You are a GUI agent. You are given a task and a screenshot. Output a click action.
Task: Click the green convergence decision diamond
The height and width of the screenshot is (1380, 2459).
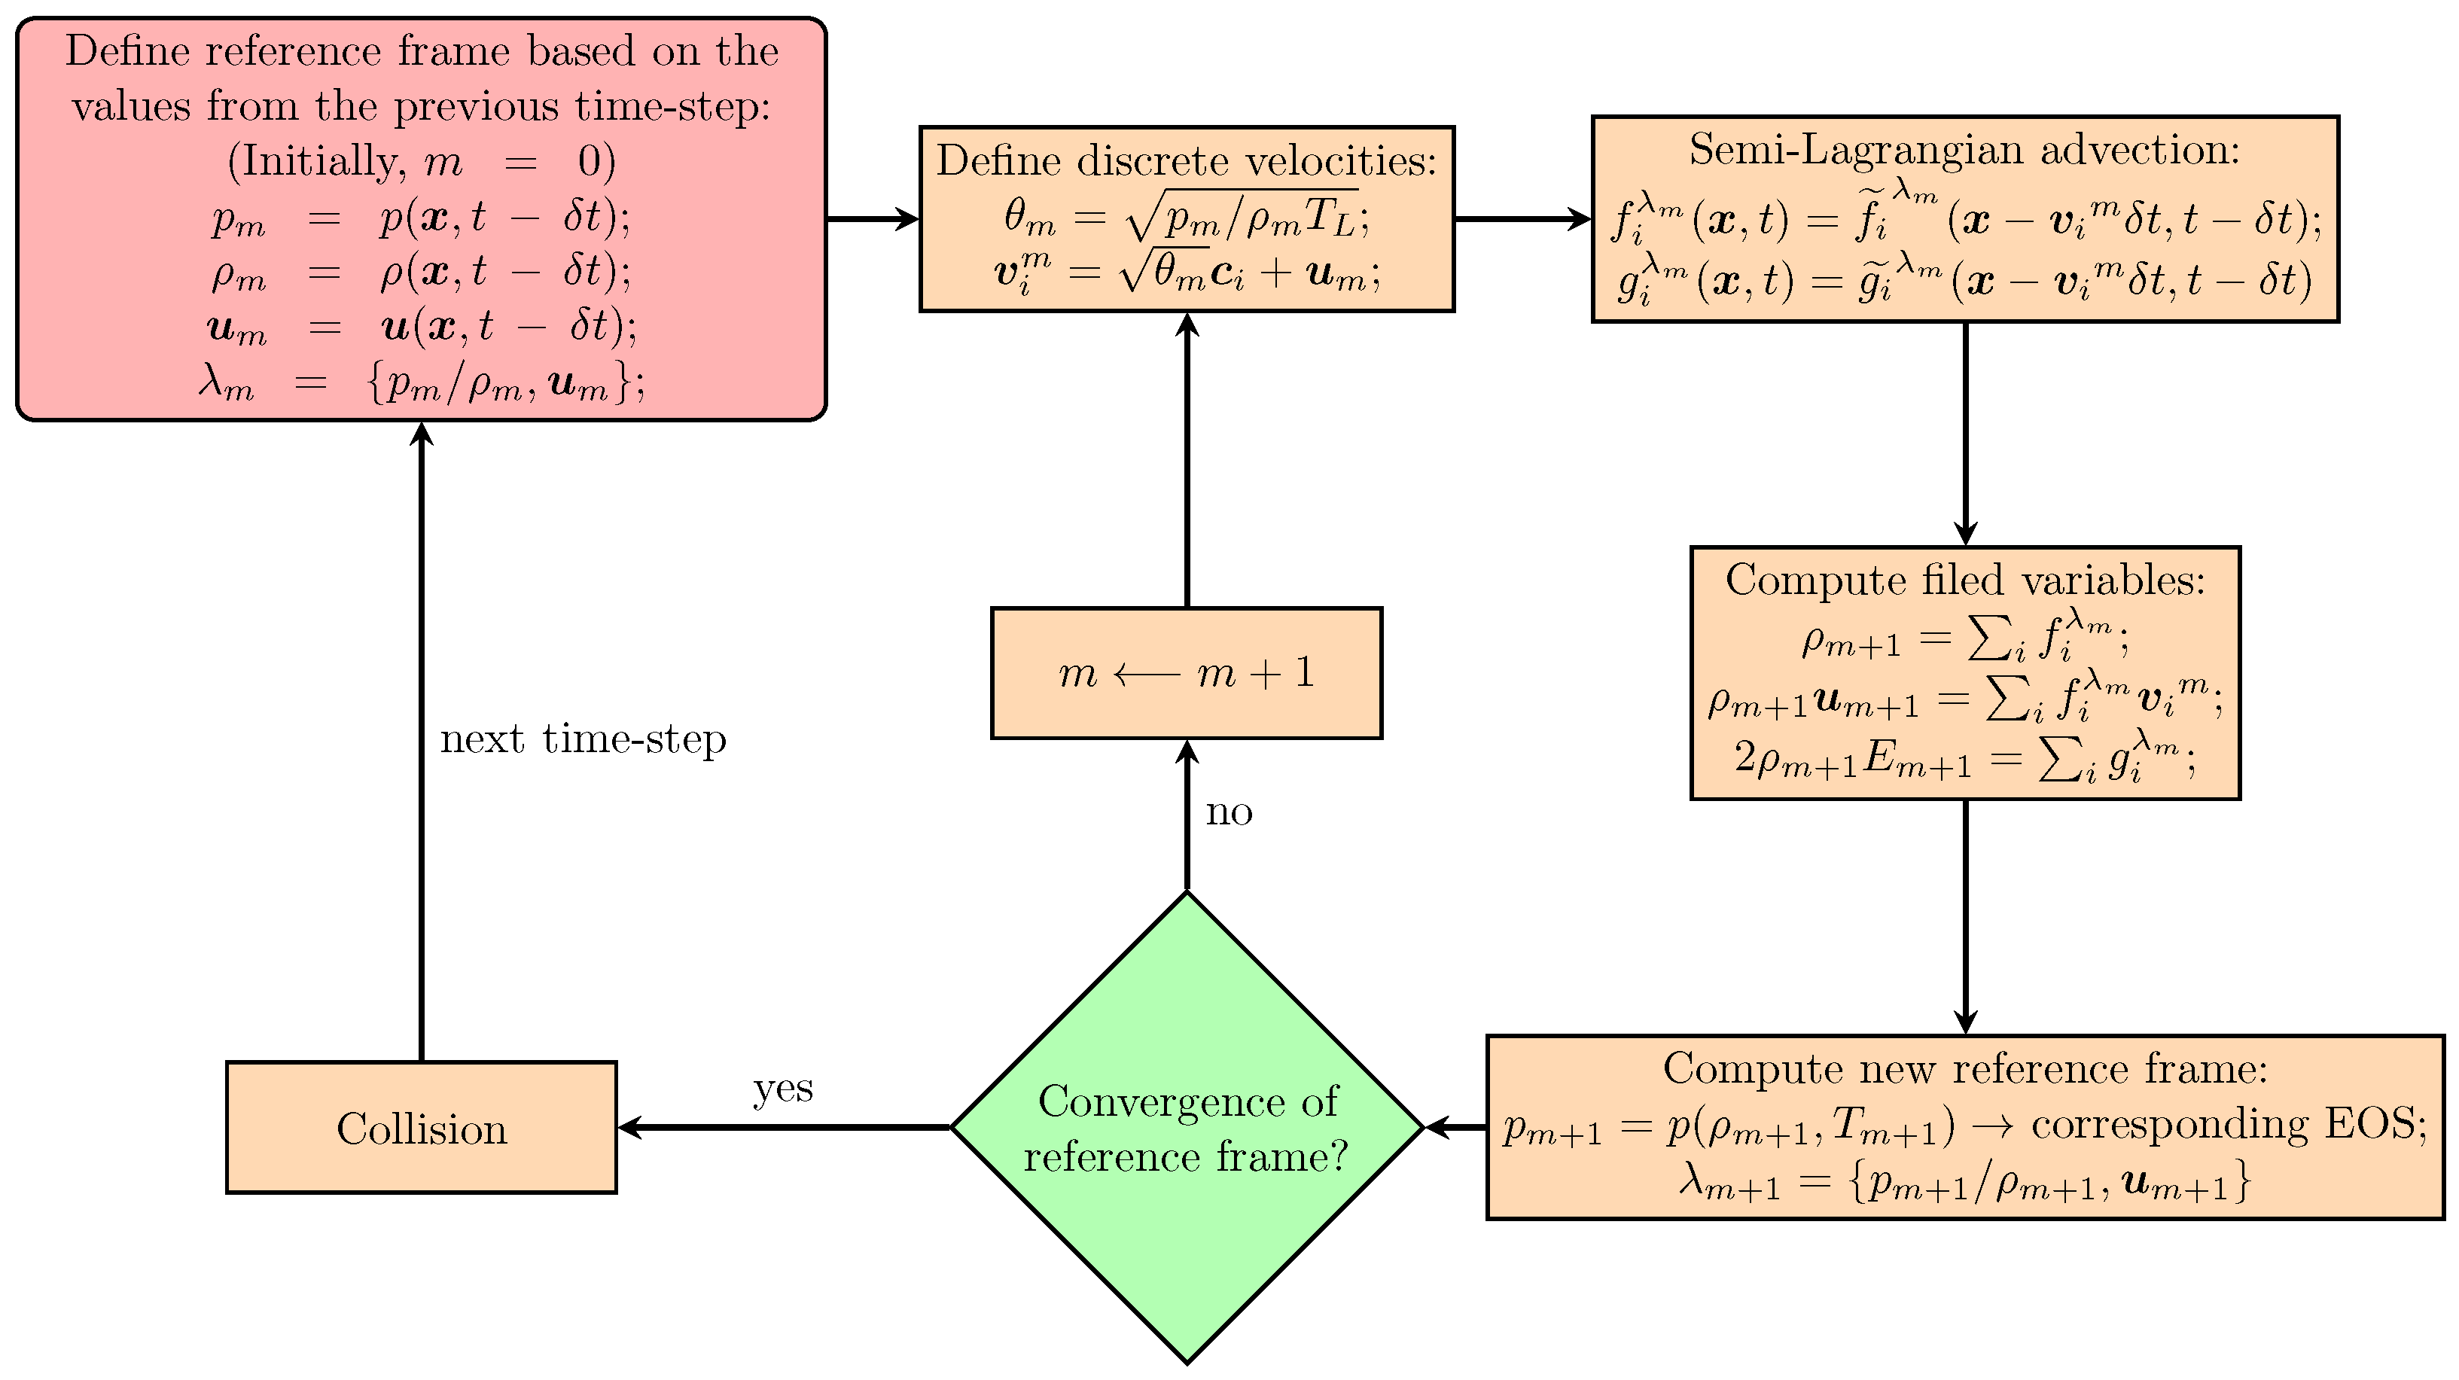pyautogui.click(x=1187, y=1128)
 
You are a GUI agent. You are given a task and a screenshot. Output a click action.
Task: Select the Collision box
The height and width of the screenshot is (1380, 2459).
pyautogui.click(x=421, y=1128)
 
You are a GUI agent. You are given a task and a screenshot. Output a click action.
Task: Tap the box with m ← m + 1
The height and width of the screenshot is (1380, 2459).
pyautogui.click(x=1187, y=673)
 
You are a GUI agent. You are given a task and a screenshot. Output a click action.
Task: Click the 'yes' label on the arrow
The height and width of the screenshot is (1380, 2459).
pyautogui.click(x=783, y=1088)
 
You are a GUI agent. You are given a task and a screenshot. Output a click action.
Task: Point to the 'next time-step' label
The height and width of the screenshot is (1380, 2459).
pyautogui.click(x=582, y=739)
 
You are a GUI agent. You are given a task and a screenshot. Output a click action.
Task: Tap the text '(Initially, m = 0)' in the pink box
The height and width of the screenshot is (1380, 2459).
pyautogui.click(x=421, y=161)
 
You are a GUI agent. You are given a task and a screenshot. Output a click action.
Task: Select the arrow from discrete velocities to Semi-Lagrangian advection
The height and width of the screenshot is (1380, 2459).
pyautogui.click(x=1522, y=218)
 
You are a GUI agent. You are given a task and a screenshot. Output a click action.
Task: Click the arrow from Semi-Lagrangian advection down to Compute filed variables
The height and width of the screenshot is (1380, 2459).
pyautogui.click(x=1964, y=434)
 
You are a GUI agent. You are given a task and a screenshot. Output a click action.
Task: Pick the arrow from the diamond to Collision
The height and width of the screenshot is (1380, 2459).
pyautogui.click(x=783, y=1128)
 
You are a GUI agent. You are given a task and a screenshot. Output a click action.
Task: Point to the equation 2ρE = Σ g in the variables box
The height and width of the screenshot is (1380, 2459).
pyautogui.click(x=1964, y=760)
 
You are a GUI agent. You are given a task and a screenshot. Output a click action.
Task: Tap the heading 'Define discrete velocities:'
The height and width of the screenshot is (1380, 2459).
pyautogui.click(x=1187, y=160)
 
